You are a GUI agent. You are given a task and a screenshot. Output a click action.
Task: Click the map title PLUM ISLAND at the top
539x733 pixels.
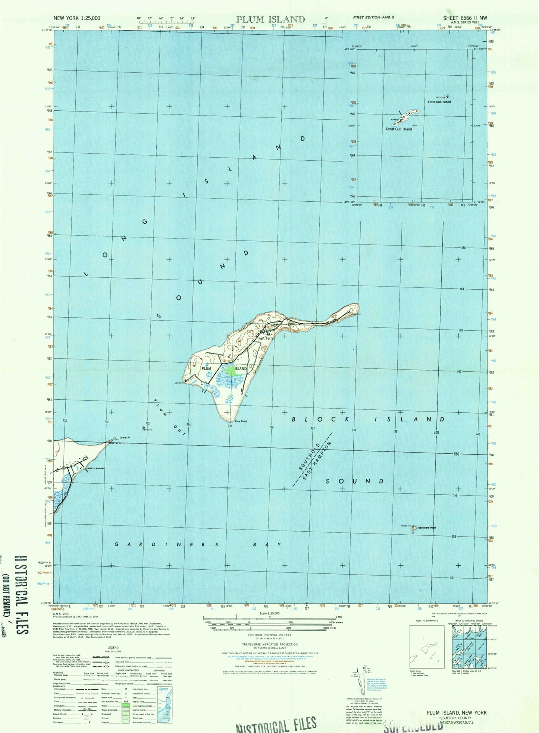pos(270,19)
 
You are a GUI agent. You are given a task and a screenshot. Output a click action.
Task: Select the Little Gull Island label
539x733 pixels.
pos(439,102)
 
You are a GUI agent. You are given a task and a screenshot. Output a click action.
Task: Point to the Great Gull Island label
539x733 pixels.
pos(399,129)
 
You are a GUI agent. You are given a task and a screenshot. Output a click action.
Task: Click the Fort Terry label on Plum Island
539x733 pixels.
pos(266,339)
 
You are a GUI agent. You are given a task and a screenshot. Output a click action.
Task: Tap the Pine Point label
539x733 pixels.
pos(241,421)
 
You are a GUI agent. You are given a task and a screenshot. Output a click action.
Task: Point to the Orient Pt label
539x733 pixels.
pos(125,438)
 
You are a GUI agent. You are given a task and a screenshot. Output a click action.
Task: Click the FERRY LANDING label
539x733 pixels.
pos(95,468)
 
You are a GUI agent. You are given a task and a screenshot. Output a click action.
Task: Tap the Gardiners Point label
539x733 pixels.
pos(427,528)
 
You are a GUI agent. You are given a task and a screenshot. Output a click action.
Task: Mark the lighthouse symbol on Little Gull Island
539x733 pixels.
pos(448,96)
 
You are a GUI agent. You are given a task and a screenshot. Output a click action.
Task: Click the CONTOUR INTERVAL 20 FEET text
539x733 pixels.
pos(269,635)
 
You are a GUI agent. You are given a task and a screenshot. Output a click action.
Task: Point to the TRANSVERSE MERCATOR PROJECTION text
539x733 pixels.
pos(269,644)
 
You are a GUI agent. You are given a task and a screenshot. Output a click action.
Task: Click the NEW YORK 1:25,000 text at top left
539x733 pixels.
pos(77,18)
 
